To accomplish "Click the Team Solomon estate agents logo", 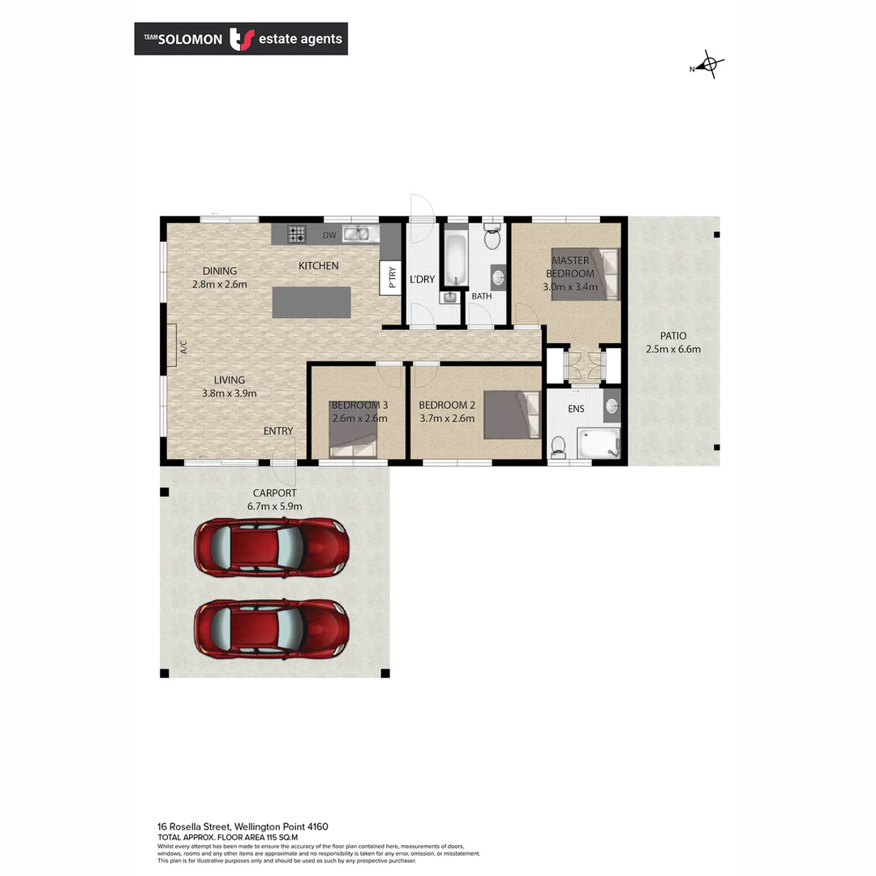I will pos(241,39).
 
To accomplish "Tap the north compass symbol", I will pos(710,64).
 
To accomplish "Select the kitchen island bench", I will pos(312,302).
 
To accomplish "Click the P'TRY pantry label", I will pos(391,278).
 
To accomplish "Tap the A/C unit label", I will pos(183,346).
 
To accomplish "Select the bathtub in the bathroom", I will pos(455,259).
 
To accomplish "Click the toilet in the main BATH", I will pos(491,238).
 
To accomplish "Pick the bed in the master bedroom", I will pos(584,274).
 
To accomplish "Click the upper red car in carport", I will pos(271,547).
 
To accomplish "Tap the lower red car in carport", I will pos(271,629).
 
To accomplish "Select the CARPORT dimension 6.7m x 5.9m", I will pos(275,506).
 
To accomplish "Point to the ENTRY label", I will pos(278,431).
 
